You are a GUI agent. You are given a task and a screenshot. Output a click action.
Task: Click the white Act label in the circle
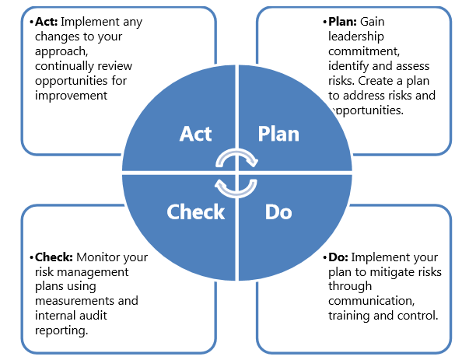pos(196,134)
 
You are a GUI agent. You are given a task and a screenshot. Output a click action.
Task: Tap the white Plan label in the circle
pos(278,134)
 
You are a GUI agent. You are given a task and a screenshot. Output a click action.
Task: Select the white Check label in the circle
pos(195,211)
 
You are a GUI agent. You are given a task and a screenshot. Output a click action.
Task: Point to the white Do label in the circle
pos(278,211)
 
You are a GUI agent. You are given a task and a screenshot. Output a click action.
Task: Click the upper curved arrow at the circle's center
pos(236,159)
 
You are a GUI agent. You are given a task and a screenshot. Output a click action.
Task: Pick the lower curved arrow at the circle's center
pos(236,187)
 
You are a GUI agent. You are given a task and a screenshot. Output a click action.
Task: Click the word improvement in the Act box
pos(70,96)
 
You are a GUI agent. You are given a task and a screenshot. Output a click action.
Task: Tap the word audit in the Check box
pos(98,316)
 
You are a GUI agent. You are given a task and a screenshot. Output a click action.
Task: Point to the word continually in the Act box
pos(68,66)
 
